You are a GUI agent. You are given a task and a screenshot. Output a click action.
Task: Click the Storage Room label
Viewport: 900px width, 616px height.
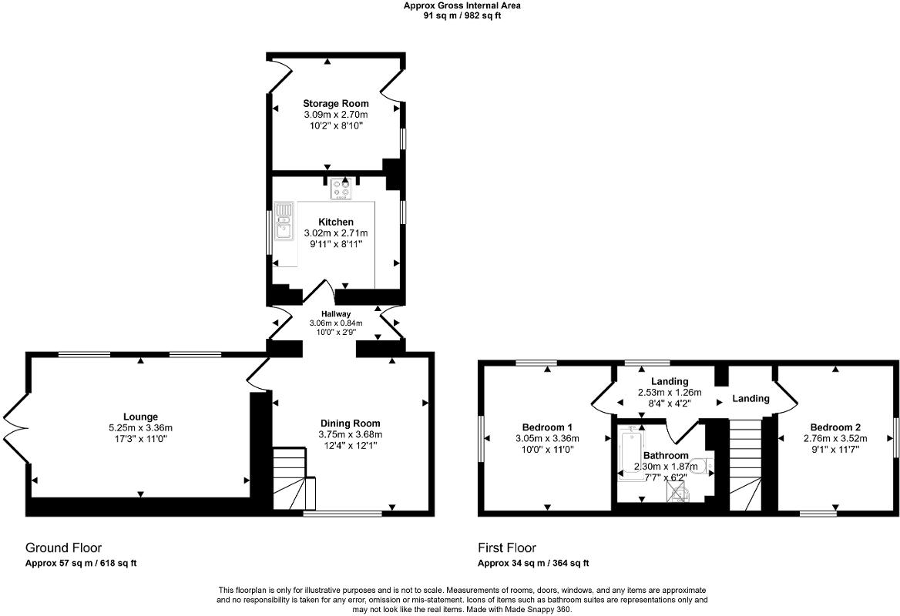pyautogui.click(x=335, y=103)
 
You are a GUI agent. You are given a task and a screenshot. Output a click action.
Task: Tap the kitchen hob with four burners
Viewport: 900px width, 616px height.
pyautogui.click(x=341, y=189)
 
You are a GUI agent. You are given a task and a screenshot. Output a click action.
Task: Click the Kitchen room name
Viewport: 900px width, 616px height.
pyautogui.click(x=336, y=222)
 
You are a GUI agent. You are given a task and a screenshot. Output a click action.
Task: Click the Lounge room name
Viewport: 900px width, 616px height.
pyautogui.click(x=139, y=417)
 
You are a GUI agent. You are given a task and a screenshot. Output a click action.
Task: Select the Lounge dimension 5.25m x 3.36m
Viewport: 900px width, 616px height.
pyautogui.click(x=139, y=428)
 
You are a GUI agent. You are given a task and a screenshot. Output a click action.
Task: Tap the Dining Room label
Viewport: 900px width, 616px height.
pyautogui.click(x=350, y=423)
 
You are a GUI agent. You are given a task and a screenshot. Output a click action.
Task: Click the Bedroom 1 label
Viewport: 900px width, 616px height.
pyautogui.click(x=547, y=427)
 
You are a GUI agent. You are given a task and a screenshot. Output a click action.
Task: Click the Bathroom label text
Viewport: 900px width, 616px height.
pyautogui.click(x=666, y=456)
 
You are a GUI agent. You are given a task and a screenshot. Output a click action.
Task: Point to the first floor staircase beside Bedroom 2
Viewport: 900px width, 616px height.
pyautogui.click(x=744, y=462)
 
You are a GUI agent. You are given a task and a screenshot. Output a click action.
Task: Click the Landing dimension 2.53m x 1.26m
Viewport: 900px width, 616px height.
pyautogui.click(x=668, y=392)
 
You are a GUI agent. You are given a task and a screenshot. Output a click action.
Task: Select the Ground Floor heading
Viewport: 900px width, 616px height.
pyautogui.click(x=64, y=548)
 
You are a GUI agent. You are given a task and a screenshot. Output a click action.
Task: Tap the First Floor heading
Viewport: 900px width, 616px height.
pyautogui.click(x=507, y=548)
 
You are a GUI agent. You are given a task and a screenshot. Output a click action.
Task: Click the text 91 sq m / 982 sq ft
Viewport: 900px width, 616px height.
pyautogui.click(x=462, y=15)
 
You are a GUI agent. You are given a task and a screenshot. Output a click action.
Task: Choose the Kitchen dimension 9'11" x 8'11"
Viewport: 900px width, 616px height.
pyautogui.click(x=336, y=243)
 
